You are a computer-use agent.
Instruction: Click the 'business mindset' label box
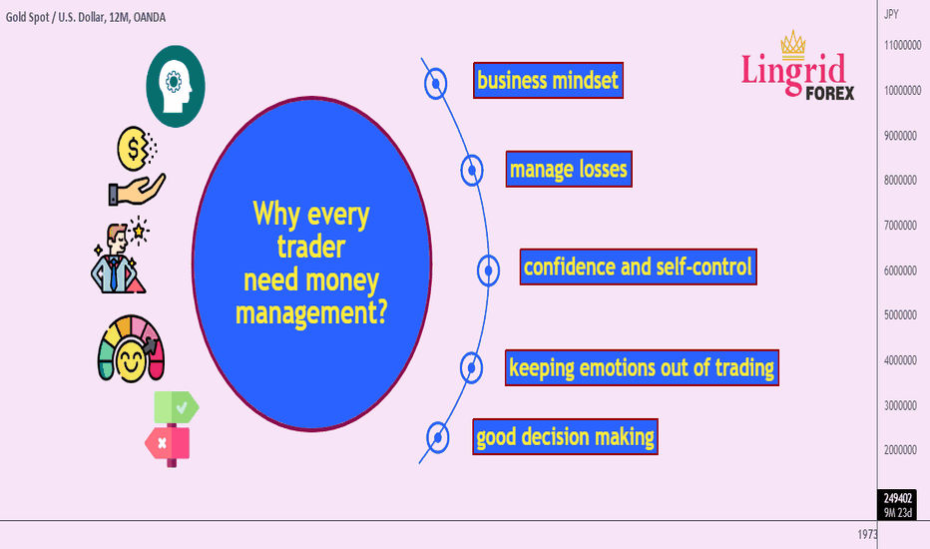(x=548, y=80)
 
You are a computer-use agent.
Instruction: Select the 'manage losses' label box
(x=569, y=169)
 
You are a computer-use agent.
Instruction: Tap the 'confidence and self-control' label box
(x=639, y=268)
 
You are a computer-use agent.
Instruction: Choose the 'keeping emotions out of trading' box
(x=642, y=368)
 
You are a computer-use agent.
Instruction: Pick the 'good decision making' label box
(x=565, y=437)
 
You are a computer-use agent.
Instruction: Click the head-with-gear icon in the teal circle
(x=176, y=87)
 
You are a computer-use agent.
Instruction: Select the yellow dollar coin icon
(x=137, y=149)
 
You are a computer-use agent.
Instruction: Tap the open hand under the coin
(x=137, y=190)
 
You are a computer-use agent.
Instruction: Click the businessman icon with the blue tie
(x=119, y=259)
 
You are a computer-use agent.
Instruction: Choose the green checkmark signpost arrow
(x=177, y=407)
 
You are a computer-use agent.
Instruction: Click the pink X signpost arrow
(x=168, y=443)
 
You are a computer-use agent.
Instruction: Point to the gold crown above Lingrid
(x=793, y=44)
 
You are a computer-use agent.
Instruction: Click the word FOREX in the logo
(x=830, y=93)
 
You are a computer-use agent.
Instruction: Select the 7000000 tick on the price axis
(x=900, y=226)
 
